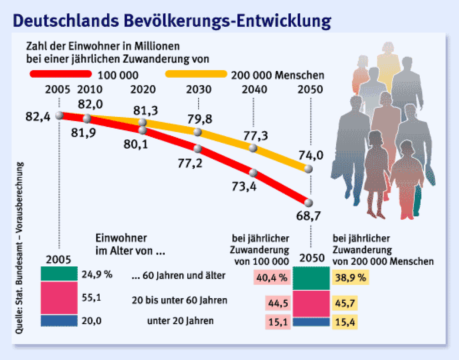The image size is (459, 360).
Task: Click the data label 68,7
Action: point(308,215)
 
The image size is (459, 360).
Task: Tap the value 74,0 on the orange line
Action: point(311,155)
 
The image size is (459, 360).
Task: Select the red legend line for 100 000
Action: point(61,74)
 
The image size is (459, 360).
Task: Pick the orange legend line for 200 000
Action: point(196,74)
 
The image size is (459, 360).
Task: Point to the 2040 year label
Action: point(254,90)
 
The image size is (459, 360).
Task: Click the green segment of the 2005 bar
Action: point(59,274)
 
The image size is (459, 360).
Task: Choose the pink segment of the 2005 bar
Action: point(59,298)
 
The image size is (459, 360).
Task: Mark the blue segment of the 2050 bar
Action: point(311,322)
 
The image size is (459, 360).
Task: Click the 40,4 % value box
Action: point(272,277)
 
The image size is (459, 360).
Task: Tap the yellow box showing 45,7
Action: point(345,303)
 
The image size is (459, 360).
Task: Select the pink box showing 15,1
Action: point(278,322)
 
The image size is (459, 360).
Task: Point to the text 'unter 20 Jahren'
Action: point(180,320)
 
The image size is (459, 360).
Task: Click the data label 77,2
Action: point(190,163)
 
